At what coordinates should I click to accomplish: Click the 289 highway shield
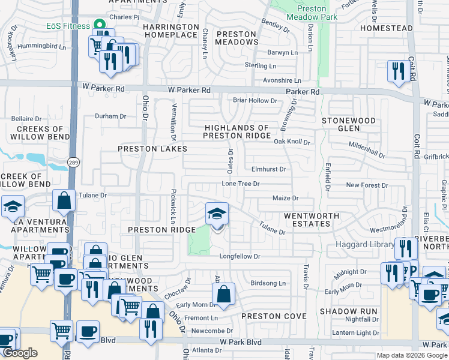[73, 179]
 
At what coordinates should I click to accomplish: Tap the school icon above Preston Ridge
[217, 214]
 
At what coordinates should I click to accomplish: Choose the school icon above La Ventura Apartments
[12, 207]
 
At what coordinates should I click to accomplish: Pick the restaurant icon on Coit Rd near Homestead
[399, 71]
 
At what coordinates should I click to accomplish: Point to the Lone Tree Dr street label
[240, 184]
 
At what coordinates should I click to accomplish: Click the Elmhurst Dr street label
[268, 170]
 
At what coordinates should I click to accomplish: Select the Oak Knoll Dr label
[292, 142]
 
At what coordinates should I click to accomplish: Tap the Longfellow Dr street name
[239, 257]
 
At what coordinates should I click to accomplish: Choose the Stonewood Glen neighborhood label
[348, 125]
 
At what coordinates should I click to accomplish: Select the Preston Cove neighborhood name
[274, 316]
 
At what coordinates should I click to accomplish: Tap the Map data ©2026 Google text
[411, 355]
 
